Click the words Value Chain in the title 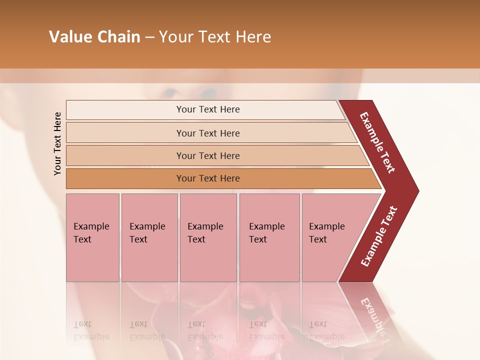coord(94,37)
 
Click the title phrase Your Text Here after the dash coord(215,37)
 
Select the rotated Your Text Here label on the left coord(57,143)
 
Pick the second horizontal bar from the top coord(208,133)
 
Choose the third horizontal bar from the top coord(208,155)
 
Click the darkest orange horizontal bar coord(208,178)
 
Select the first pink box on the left coord(92,237)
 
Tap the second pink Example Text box coord(149,237)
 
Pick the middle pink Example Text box coord(208,237)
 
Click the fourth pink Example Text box coord(269,237)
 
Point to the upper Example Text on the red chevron coord(378,142)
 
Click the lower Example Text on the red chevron coord(379,236)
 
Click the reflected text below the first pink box coord(91,330)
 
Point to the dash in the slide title coord(149,37)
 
